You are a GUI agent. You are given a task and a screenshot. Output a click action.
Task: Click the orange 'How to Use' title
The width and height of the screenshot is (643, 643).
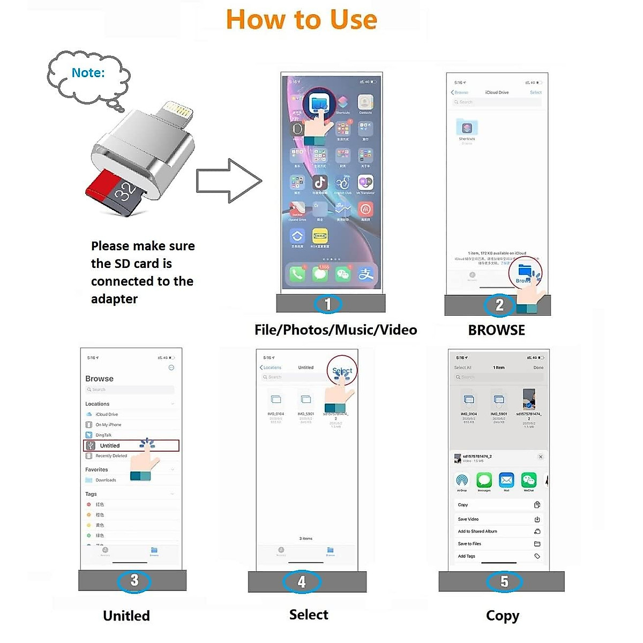coord(302,20)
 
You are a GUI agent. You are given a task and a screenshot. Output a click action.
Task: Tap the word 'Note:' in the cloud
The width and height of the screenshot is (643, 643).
coord(88,73)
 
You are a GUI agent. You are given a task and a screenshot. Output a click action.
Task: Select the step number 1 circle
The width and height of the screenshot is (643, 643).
coord(328,304)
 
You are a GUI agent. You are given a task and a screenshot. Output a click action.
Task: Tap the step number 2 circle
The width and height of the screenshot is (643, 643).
coord(499,305)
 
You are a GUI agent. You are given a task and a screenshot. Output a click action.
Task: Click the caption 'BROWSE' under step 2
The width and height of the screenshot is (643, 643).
coord(496,330)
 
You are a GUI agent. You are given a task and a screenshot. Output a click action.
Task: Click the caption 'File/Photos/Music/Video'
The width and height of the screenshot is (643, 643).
coord(335,330)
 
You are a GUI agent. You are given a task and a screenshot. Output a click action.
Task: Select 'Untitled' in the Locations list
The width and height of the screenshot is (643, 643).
coord(110,446)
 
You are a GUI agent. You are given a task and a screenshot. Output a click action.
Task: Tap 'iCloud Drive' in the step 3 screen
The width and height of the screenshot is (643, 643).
coord(107,414)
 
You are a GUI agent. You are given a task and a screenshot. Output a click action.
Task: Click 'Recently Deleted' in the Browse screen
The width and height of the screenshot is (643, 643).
coord(111,456)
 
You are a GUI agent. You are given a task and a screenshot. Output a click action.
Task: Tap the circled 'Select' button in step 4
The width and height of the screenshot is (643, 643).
coord(342,370)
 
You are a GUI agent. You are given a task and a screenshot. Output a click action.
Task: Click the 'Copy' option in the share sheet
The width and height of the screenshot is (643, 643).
coord(463,505)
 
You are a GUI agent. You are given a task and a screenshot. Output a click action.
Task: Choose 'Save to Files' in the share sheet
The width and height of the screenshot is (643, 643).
coord(469,544)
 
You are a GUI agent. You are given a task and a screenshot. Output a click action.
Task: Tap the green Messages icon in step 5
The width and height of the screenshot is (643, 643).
coord(484,480)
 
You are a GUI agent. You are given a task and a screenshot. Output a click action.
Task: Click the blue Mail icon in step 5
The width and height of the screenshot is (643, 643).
coord(506,480)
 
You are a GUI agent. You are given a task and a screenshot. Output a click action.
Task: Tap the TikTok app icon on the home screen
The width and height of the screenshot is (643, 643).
coord(320,182)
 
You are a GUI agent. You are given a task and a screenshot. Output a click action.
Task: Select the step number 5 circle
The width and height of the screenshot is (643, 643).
coord(504,581)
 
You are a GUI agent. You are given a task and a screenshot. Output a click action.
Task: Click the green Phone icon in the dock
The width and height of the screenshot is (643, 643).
coord(297,274)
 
